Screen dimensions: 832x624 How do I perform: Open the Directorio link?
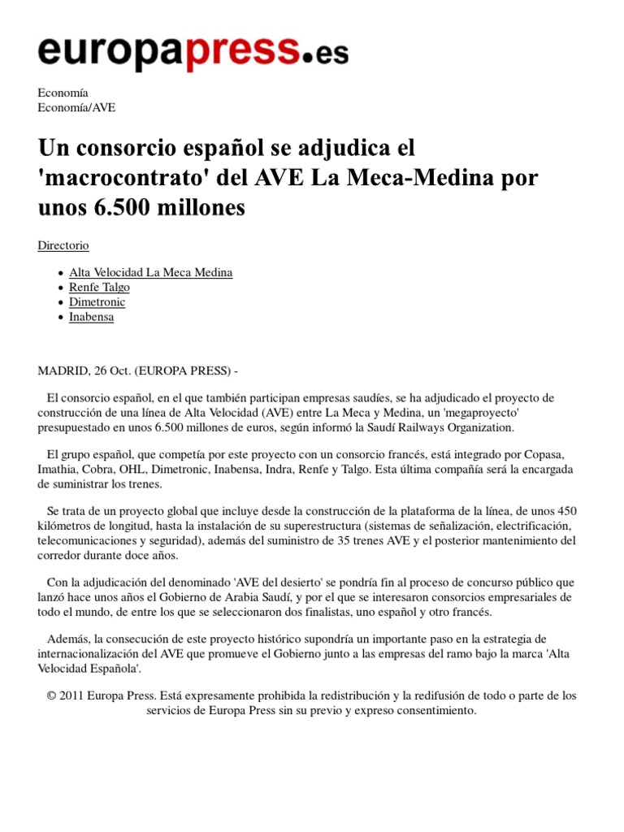63,245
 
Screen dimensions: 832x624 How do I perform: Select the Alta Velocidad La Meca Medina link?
150,272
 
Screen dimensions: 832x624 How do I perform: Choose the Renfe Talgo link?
99,287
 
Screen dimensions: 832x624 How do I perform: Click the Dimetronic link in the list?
97,302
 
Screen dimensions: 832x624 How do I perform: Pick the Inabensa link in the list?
91,317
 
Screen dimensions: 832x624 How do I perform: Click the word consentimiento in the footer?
435,710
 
